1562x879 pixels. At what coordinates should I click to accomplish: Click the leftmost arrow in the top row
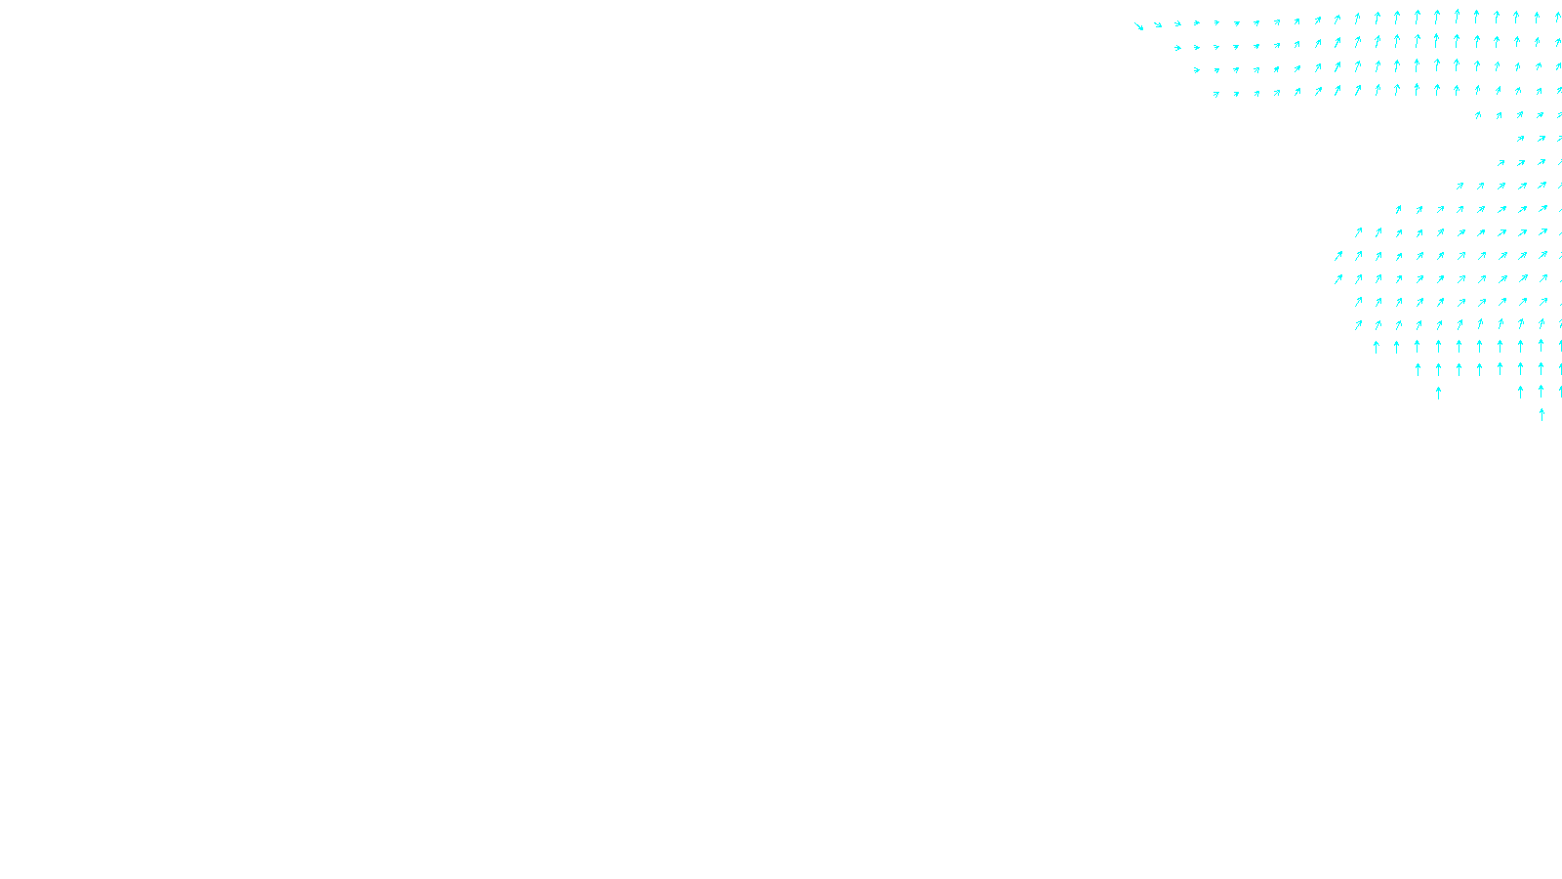click(1138, 26)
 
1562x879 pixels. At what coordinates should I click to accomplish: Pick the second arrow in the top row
click(1158, 24)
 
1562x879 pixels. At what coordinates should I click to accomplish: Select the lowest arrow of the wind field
click(1541, 414)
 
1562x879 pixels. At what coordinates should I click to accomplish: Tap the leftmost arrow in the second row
click(1177, 47)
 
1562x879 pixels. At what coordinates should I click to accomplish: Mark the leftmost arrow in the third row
click(1196, 69)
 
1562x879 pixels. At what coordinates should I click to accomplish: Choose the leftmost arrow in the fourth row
click(1216, 94)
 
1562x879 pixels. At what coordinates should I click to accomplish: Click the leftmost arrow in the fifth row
click(1478, 115)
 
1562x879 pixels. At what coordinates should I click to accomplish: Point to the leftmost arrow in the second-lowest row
click(1438, 393)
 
